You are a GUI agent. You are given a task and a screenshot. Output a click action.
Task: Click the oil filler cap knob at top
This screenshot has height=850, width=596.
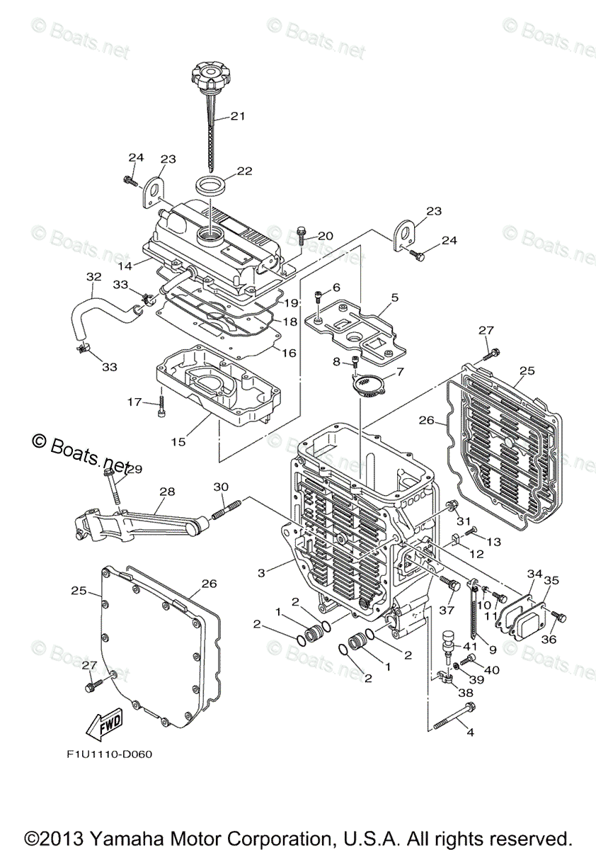click(x=210, y=75)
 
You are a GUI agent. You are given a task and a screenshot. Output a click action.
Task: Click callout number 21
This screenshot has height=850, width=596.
click(x=237, y=116)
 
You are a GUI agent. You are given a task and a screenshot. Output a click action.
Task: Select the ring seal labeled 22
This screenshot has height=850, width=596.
click(x=211, y=188)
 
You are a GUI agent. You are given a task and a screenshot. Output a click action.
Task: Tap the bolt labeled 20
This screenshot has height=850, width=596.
click(x=302, y=236)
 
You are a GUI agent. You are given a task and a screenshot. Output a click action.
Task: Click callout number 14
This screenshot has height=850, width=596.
click(x=124, y=266)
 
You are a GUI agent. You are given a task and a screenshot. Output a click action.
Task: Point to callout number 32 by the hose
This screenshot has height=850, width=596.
click(x=93, y=276)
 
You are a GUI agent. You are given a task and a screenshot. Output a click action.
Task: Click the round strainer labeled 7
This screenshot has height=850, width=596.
click(x=365, y=385)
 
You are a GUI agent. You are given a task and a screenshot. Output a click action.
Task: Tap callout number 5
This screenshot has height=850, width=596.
click(x=394, y=297)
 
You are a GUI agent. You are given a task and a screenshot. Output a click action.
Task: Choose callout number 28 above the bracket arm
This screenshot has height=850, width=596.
click(x=166, y=491)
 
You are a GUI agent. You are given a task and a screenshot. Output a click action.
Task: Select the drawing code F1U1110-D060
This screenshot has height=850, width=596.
click(x=104, y=754)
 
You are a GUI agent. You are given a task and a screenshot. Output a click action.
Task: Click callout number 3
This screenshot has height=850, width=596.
click(x=262, y=571)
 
